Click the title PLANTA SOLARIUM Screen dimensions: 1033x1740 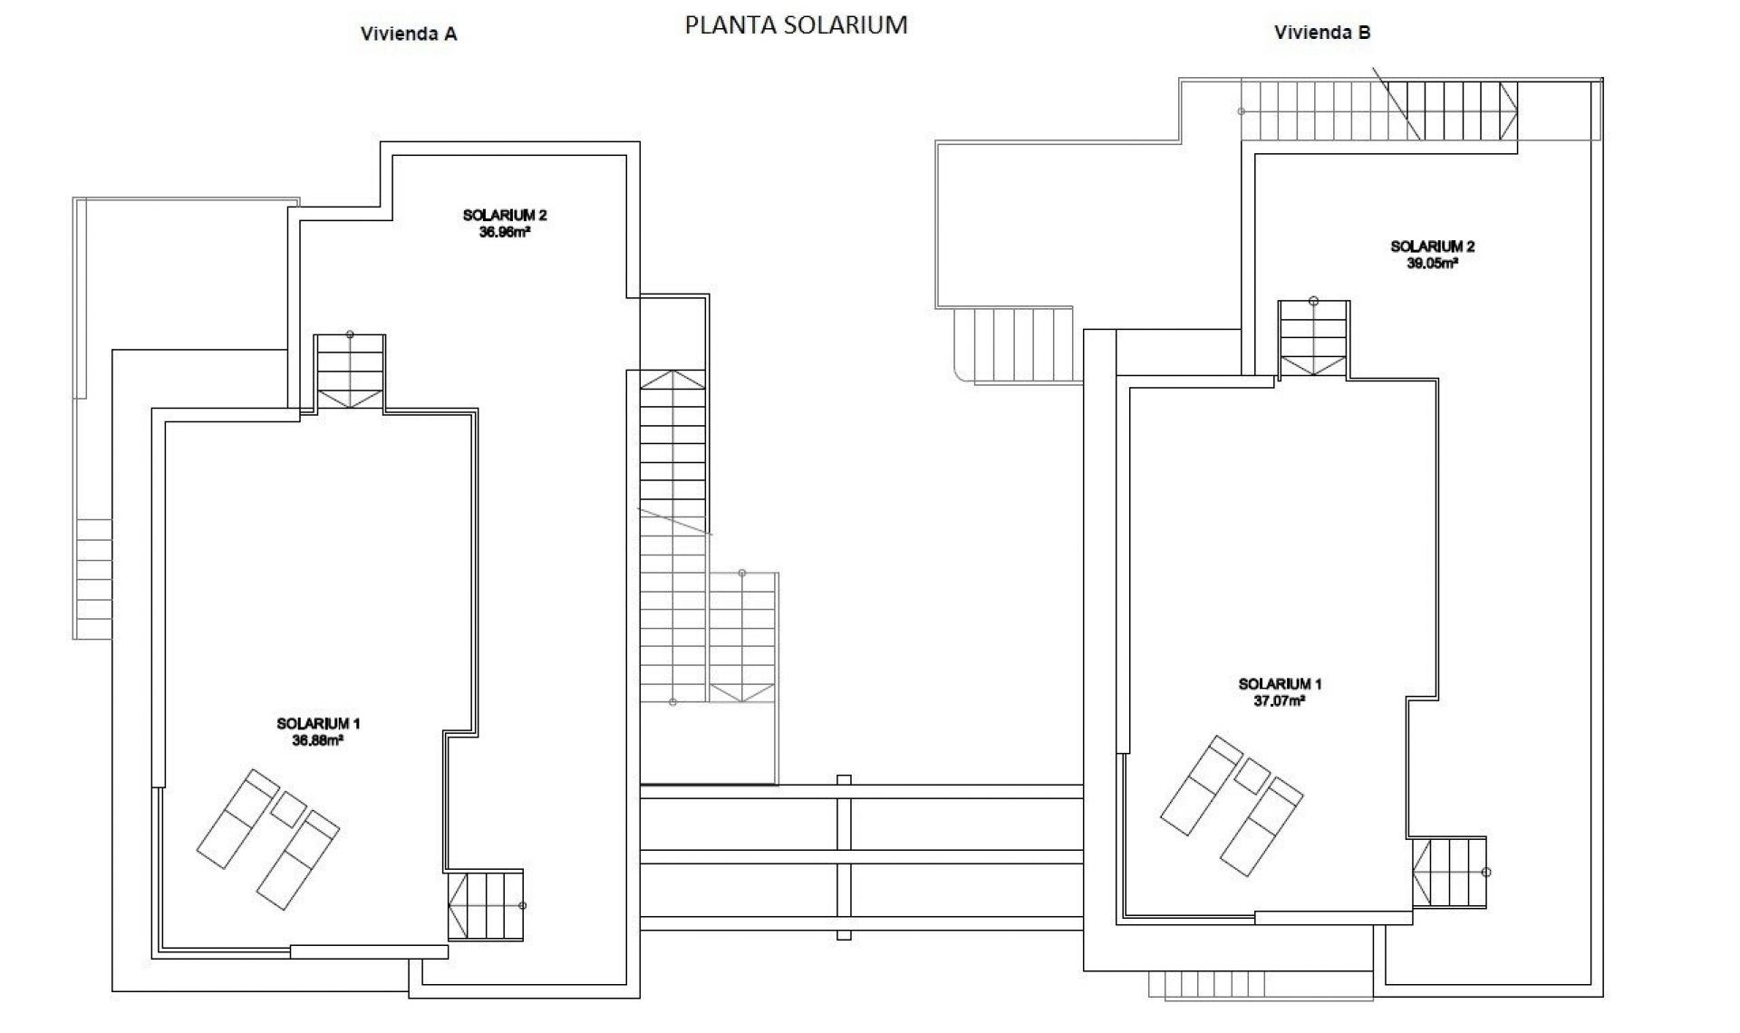[x=796, y=24]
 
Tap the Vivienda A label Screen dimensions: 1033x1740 [x=409, y=34]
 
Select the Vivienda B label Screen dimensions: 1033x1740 [x=1322, y=33]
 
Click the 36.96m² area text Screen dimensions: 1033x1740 [x=505, y=232]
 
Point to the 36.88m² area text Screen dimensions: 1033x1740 [x=317, y=740]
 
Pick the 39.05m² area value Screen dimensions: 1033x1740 [x=1432, y=264]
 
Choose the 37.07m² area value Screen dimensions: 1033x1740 [x=1280, y=701]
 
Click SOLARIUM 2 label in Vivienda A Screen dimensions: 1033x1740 [x=505, y=216]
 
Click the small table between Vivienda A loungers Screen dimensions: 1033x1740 [x=288, y=809]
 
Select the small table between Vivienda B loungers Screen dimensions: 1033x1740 [x=1252, y=776]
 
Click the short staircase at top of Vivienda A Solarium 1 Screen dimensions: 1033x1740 [x=350, y=372]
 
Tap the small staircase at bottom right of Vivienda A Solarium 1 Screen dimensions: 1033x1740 [x=486, y=904]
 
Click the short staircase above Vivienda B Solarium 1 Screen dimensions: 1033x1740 [x=1313, y=339]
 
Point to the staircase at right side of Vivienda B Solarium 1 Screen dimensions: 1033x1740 [x=1449, y=872]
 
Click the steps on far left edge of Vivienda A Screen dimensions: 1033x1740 [x=93, y=578]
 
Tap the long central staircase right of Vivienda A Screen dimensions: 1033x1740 [x=672, y=535]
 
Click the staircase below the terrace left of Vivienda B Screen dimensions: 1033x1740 [x=1015, y=344]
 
